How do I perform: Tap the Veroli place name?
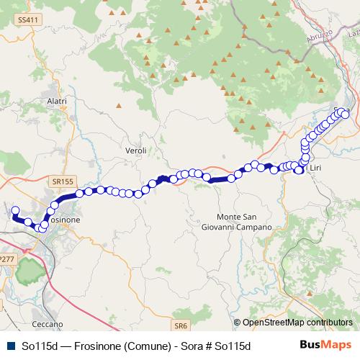point(135,150)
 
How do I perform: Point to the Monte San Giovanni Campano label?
point(244,222)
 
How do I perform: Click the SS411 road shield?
point(28,20)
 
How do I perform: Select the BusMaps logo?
point(325,346)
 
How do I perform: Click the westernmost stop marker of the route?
point(14,211)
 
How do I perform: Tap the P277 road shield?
point(6,258)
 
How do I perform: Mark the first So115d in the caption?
point(40,346)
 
